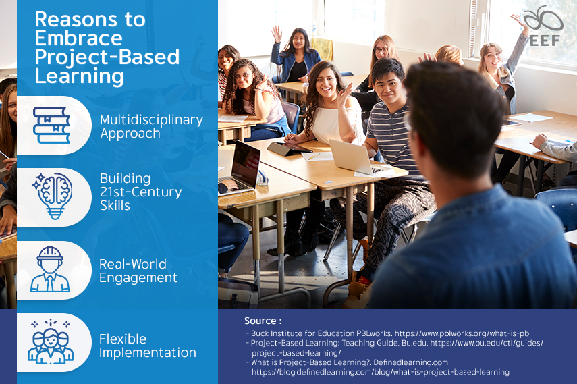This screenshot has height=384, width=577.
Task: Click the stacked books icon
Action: [x=52, y=125]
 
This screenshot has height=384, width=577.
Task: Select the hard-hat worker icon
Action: [x=51, y=270]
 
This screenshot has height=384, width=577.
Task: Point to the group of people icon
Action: [x=51, y=343]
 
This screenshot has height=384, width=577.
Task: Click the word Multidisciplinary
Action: [x=151, y=119]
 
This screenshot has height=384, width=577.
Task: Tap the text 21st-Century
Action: [x=140, y=192]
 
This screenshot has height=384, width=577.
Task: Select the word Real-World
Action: [x=132, y=264]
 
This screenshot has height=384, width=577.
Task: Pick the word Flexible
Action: [x=123, y=339]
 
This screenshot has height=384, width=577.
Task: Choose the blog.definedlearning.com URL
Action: [x=381, y=371]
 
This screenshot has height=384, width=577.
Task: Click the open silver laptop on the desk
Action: [x=350, y=158]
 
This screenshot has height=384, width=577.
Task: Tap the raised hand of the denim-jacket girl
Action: [x=276, y=32]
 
